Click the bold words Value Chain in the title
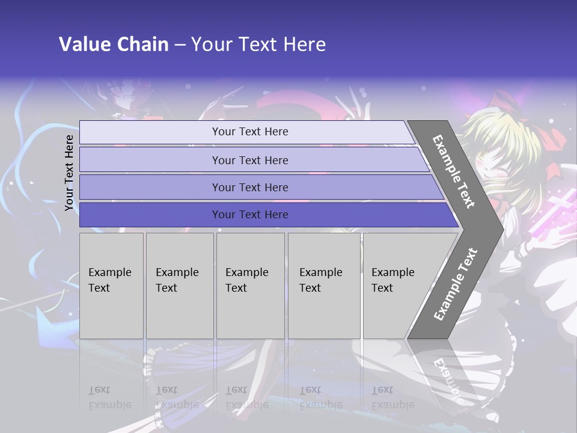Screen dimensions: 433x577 click(114, 45)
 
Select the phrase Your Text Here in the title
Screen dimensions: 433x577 click(258, 45)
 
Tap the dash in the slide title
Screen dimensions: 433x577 click(180, 45)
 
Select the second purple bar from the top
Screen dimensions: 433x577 click(250, 160)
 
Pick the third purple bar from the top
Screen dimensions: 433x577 click(250, 187)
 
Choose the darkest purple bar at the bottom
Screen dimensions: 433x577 click(250, 215)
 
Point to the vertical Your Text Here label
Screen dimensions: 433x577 click(69, 173)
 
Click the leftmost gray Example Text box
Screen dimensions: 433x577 click(111, 286)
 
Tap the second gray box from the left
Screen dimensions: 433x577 click(180, 286)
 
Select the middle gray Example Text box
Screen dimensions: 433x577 click(250, 286)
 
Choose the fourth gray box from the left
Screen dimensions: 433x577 click(324, 286)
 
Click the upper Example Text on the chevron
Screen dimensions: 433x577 click(454, 171)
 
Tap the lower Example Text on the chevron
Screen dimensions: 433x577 click(455, 284)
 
